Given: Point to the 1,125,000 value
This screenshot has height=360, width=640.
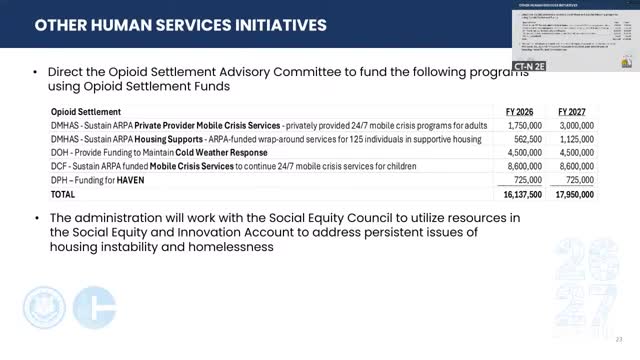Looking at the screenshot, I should [x=570, y=140].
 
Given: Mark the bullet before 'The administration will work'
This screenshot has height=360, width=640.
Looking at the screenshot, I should [x=36, y=218].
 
